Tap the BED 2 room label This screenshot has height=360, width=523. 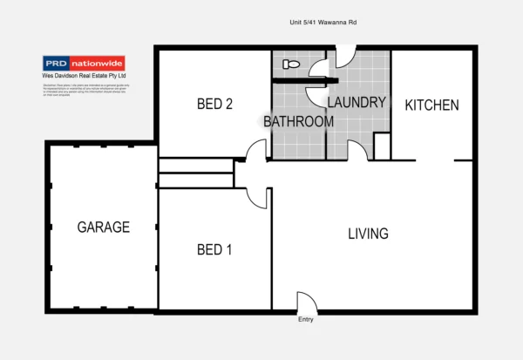coord(214,105)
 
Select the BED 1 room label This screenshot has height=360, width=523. coord(214,250)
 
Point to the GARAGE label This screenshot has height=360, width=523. coord(103,228)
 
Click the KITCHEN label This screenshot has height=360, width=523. coord(431,105)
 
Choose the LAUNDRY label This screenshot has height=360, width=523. coord(357,102)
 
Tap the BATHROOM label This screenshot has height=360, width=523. coord(298,121)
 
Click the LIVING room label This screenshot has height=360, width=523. coord(368,234)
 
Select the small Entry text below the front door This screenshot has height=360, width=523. coord(305,320)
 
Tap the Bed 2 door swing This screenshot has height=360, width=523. coord(256,152)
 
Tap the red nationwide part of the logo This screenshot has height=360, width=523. coord(98,63)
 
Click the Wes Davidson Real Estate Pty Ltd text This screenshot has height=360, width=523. coord(85,76)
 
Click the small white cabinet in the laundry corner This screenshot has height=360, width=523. coord(381,145)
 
